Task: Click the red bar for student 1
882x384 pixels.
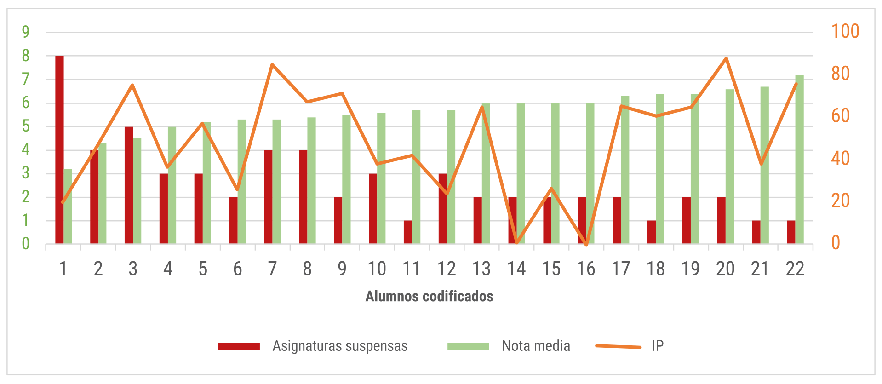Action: tap(59, 149)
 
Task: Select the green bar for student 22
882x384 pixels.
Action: tap(800, 159)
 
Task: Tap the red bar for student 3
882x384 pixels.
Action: tap(129, 185)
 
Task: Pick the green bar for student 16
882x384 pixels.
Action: tap(590, 173)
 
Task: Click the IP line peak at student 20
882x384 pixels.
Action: tap(726, 58)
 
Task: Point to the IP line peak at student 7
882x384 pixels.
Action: tap(272, 64)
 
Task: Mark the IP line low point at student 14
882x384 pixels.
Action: tap(517, 242)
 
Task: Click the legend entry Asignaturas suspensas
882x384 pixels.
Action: tap(313, 346)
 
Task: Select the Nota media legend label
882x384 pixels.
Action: tap(536, 346)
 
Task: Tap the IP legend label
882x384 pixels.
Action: tap(658, 346)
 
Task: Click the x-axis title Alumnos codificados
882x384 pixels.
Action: tap(429, 296)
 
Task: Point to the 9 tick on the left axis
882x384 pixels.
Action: tap(26, 32)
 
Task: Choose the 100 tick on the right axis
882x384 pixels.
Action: tap(845, 31)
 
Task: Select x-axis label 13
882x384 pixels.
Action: tap(481, 269)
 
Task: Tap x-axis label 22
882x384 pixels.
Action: tap(795, 269)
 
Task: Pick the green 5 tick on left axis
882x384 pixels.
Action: tap(26, 126)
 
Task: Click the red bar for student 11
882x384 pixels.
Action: tap(408, 232)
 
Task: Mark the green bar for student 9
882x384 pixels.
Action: tap(346, 179)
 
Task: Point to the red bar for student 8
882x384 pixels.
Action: tap(303, 197)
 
